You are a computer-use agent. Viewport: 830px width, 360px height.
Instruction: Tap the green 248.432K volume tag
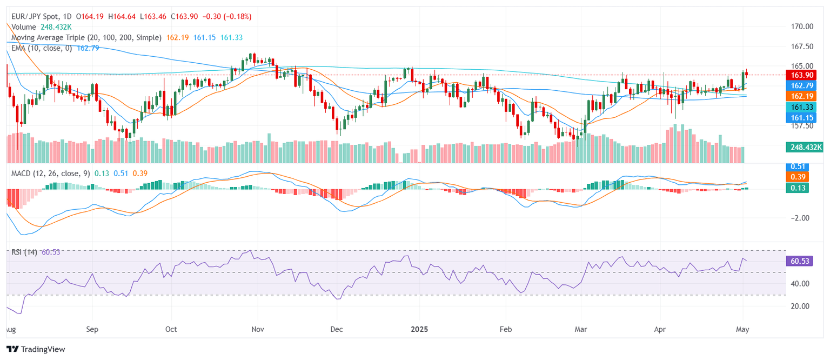pos(804,146)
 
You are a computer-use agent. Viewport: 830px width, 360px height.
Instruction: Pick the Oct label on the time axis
pos(171,329)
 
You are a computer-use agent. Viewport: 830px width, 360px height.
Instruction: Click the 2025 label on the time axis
pos(419,329)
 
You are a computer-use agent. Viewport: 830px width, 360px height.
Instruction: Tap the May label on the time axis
pos(743,329)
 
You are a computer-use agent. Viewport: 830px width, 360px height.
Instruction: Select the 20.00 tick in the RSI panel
pos(798,306)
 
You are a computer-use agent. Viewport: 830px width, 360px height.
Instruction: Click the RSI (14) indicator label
pos(24,252)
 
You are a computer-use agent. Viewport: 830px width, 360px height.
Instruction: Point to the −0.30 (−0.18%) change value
pos(227,17)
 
